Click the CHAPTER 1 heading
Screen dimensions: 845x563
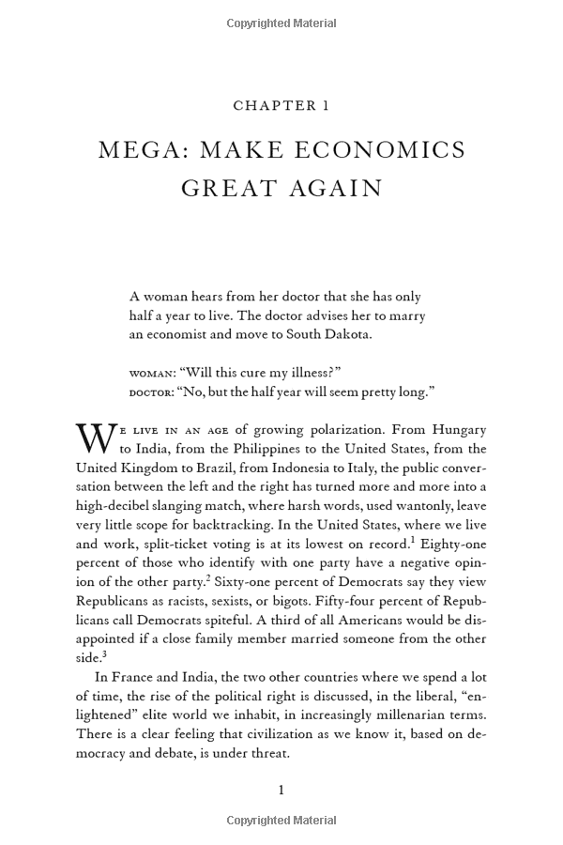pos(281,106)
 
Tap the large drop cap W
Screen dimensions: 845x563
pos(94,439)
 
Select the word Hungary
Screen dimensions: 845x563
pos(457,430)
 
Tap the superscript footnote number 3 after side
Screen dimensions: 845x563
pos(106,651)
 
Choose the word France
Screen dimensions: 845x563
pos(138,676)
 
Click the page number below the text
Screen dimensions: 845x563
pos(281,791)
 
